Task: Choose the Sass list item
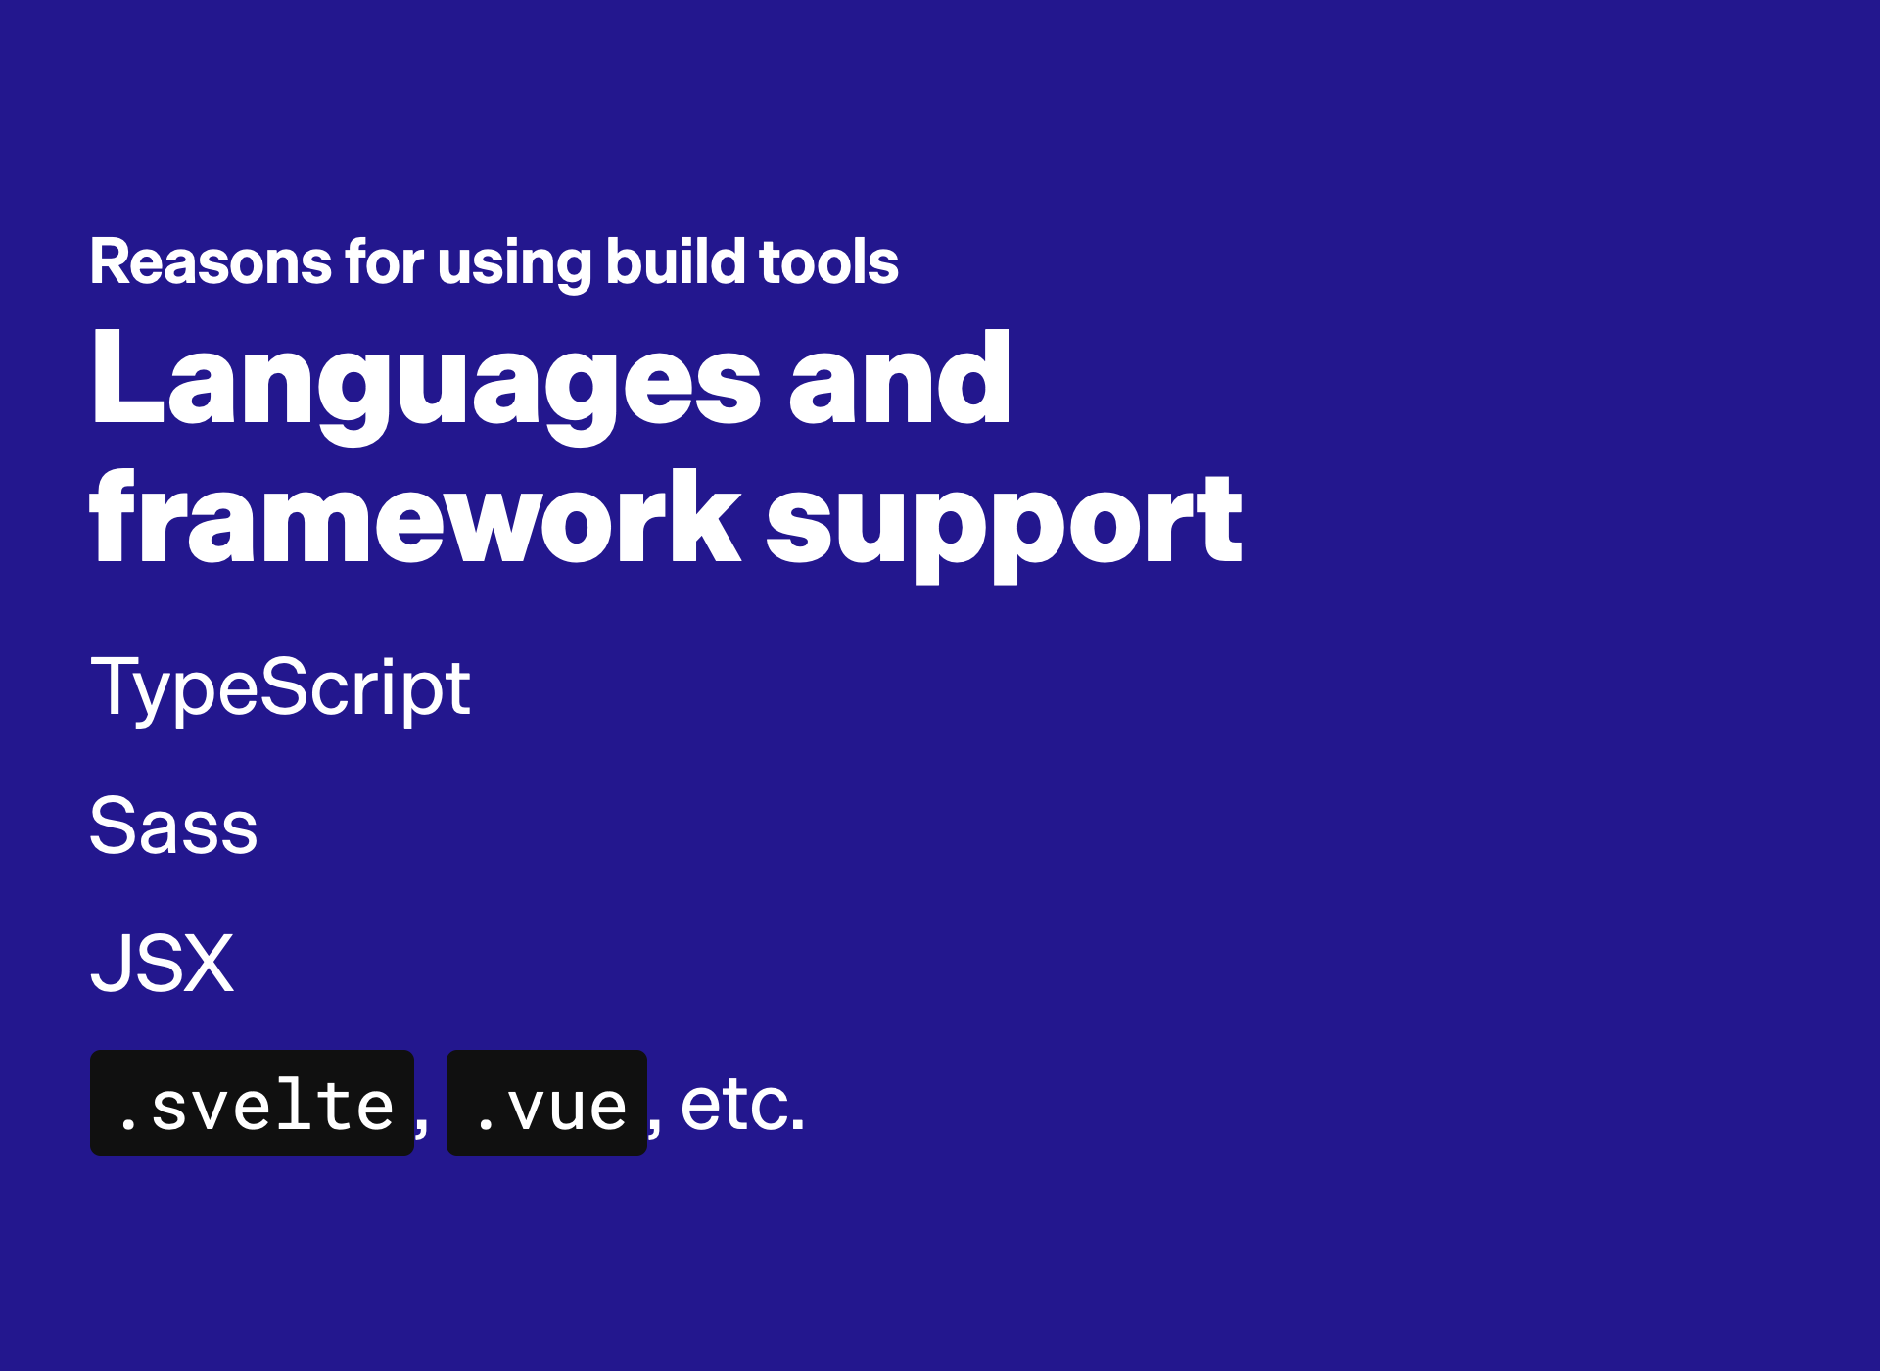(173, 826)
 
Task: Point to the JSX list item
(163, 963)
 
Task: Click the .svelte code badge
(253, 1103)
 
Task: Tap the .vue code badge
(546, 1103)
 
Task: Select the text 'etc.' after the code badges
(742, 1105)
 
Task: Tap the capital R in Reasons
(110, 261)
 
